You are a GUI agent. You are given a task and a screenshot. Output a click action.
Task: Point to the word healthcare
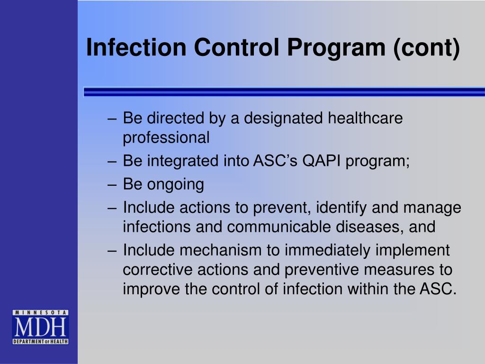(x=365, y=118)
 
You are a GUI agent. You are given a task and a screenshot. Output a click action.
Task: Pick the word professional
(x=166, y=137)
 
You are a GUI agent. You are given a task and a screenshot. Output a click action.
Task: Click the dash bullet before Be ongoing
(x=113, y=184)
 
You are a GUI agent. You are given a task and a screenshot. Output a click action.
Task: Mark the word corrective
(x=154, y=270)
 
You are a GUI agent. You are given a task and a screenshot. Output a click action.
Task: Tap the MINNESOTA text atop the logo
(x=40, y=313)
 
